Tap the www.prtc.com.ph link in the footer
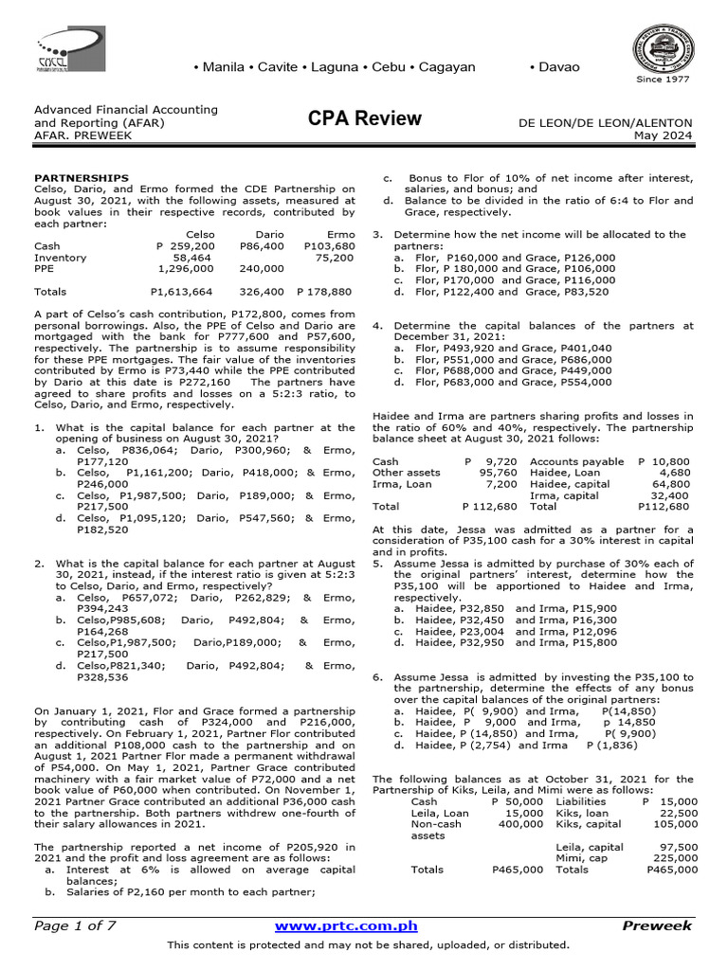point(345,925)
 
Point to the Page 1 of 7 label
point(75,925)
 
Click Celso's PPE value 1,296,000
point(186,269)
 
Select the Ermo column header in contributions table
point(339,233)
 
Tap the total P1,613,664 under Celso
point(182,293)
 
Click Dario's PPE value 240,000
point(262,269)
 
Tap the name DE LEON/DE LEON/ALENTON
point(605,123)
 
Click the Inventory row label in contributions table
point(61,258)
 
